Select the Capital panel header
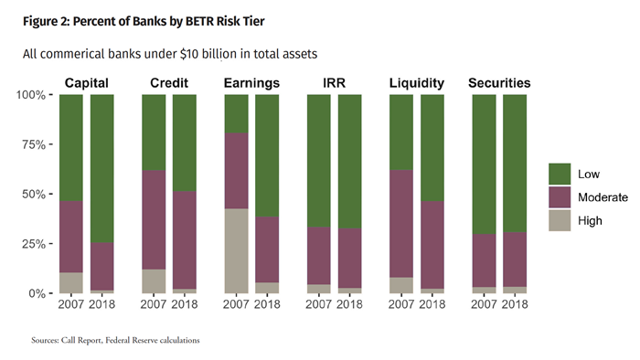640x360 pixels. pyautogui.click(x=87, y=83)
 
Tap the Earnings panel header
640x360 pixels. pyautogui.click(x=251, y=83)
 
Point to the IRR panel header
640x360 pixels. pyautogui.click(x=334, y=83)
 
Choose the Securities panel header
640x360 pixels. pyautogui.click(x=499, y=83)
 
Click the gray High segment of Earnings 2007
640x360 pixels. pyautogui.click(x=236, y=250)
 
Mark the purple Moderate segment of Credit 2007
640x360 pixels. pyautogui.click(x=154, y=219)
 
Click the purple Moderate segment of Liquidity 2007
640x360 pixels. pyautogui.click(x=400, y=223)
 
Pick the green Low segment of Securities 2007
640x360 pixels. pyautogui.click(x=484, y=164)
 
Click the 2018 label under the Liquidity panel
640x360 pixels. pyautogui.click(x=432, y=304)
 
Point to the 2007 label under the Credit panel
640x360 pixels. pyautogui.click(x=154, y=304)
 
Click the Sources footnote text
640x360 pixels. pyautogui.click(x=115, y=341)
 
